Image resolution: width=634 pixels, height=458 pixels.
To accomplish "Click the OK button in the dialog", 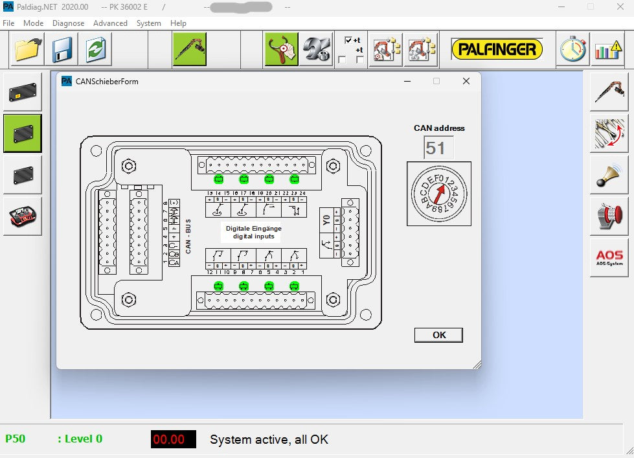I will [x=438, y=335].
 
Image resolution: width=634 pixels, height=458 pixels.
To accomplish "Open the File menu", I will [x=8, y=23].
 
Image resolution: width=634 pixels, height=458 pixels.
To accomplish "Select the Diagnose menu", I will [x=68, y=23].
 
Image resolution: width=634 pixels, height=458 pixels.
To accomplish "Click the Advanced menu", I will [x=110, y=23].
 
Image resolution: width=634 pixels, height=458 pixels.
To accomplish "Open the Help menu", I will [x=178, y=23].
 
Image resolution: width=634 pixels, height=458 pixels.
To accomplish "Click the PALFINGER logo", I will [x=497, y=49].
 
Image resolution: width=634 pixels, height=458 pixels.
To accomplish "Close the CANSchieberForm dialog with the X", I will [x=466, y=81].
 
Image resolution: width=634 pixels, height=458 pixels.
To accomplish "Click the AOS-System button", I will [x=609, y=258].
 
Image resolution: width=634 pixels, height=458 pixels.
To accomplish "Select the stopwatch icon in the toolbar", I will [x=572, y=49].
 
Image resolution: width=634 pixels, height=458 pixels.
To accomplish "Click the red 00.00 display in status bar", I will [x=174, y=439].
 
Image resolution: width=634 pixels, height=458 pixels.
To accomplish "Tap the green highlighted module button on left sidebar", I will [x=23, y=133].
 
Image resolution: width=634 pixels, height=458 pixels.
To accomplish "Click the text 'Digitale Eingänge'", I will [x=253, y=228].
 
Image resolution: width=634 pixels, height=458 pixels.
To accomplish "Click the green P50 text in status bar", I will [x=16, y=439].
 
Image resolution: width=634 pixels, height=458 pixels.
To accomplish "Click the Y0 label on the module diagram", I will [x=326, y=220].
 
